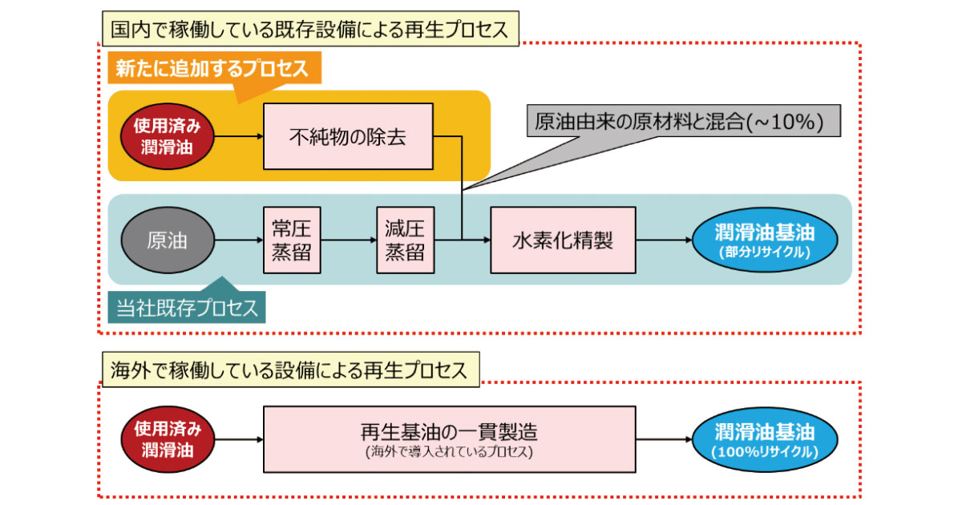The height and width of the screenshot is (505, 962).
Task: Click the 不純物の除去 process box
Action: coord(348,136)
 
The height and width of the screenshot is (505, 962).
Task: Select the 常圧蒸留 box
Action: coord(286,240)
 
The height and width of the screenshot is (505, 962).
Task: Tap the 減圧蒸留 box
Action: coord(404,240)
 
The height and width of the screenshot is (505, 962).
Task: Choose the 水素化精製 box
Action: coord(563,240)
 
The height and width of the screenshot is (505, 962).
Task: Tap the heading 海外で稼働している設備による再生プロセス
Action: coord(289,370)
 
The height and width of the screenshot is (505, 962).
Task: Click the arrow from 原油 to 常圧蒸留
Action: coord(239,240)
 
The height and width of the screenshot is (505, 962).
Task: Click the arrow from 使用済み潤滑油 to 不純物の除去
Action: coord(239,136)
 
